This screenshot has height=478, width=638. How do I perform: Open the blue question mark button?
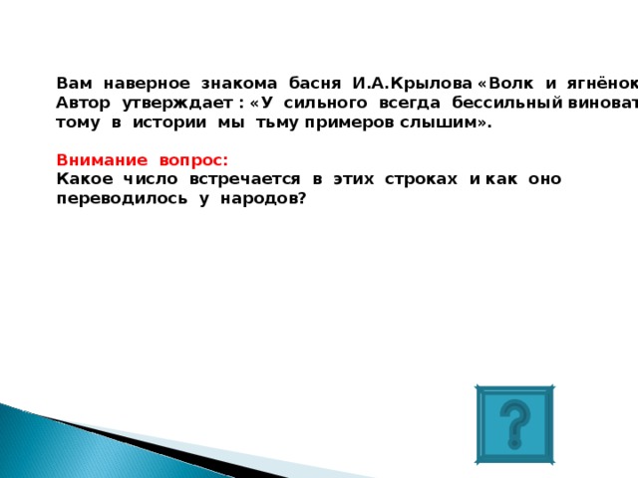coord(514,425)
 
